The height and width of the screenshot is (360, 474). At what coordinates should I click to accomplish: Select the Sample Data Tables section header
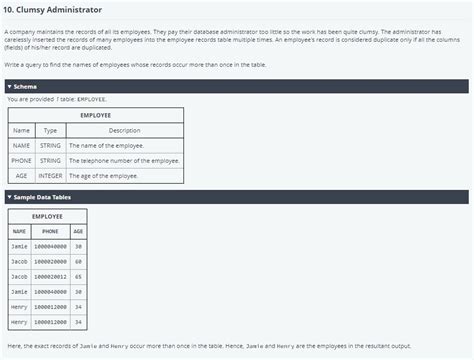coord(236,196)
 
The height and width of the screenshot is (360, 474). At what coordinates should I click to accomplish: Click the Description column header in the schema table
coord(124,130)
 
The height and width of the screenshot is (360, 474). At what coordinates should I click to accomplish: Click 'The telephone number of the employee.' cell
coord(123,161)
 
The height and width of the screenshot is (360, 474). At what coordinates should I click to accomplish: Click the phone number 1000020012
coord(50,275)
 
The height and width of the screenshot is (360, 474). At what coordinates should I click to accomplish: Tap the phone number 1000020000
coord(50,260)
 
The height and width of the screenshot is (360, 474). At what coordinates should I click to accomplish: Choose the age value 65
coord(78,275)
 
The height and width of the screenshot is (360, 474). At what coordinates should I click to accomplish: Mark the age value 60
coord(78,260)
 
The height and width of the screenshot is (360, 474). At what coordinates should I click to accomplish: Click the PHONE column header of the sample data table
coord(50,231)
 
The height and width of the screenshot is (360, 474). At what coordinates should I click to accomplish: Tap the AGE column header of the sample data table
coord(78,231)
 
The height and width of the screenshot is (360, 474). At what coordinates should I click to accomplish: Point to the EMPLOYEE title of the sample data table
coord(47,216)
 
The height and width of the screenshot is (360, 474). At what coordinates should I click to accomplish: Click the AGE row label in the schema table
coord(21,176)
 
